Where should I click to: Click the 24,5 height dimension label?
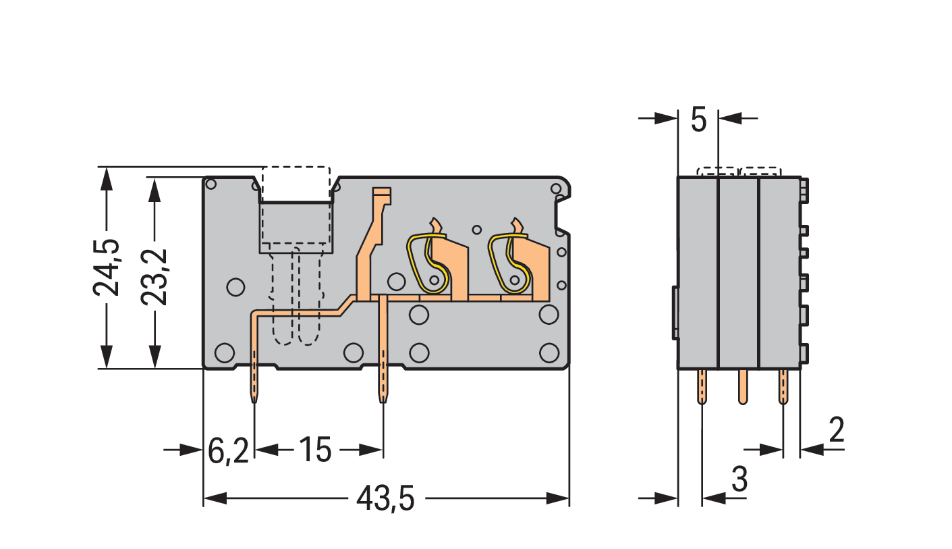(107, 267)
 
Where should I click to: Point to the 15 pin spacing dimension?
(315, 450)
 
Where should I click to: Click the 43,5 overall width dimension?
(385, 500)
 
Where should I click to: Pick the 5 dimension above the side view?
(699, 120)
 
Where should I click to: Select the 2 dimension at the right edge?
(836, 431)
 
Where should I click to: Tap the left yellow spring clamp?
(426, 263)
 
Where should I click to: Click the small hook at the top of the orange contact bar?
(382, 195)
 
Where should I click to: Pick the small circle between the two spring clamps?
(477, 229)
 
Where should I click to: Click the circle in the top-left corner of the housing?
(211, 184)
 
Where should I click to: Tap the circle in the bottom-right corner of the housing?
(549, 352)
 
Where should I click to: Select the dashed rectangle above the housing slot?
(296, 184)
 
